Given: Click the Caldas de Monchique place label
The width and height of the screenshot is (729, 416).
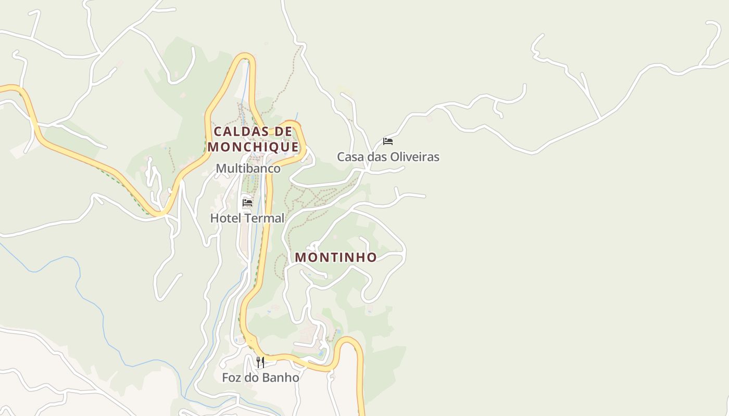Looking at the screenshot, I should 254,139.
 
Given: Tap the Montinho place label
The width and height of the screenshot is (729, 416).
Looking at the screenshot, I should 336,257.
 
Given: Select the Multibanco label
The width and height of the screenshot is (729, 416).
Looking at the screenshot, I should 248,168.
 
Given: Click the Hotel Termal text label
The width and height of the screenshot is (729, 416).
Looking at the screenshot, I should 247,218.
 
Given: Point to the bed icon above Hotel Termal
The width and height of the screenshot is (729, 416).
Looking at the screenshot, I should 247,202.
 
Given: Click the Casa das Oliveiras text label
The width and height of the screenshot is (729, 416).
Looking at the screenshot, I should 388,157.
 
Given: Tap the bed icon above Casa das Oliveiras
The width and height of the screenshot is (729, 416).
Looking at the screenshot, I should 388,141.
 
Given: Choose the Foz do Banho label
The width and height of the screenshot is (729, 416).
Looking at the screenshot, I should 260,378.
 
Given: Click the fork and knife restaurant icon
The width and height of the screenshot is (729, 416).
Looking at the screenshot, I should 260,362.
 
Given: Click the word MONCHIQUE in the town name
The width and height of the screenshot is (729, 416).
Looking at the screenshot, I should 254,147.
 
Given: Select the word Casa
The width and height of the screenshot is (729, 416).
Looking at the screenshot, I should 349,157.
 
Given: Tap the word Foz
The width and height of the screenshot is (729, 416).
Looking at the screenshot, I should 232,378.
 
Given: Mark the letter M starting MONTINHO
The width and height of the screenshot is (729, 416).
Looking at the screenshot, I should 300,257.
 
